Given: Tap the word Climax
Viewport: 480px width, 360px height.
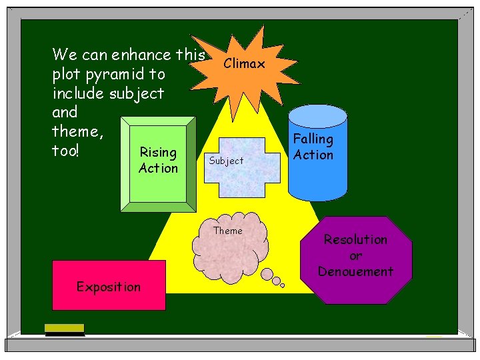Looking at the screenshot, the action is point(244,64).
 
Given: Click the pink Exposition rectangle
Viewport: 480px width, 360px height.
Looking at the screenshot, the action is point(109,285).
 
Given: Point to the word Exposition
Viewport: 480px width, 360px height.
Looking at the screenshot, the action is point(109,287).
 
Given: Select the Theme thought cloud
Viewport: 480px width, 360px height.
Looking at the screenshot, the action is point(227,248).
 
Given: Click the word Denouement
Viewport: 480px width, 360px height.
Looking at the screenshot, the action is point(355,271).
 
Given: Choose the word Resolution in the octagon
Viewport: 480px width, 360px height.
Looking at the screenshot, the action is point(355,239).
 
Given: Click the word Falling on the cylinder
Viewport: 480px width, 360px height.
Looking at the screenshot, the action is point(313,139).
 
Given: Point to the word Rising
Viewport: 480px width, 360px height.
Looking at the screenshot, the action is point(158,153).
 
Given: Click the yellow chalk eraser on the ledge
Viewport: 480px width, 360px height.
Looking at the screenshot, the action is point(65,328).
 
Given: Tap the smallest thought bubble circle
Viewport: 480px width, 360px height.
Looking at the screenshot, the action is point(282,285).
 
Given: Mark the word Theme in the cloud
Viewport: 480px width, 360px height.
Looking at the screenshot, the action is point(228,231).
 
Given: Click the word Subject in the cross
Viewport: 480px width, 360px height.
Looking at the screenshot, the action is point(226,161).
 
